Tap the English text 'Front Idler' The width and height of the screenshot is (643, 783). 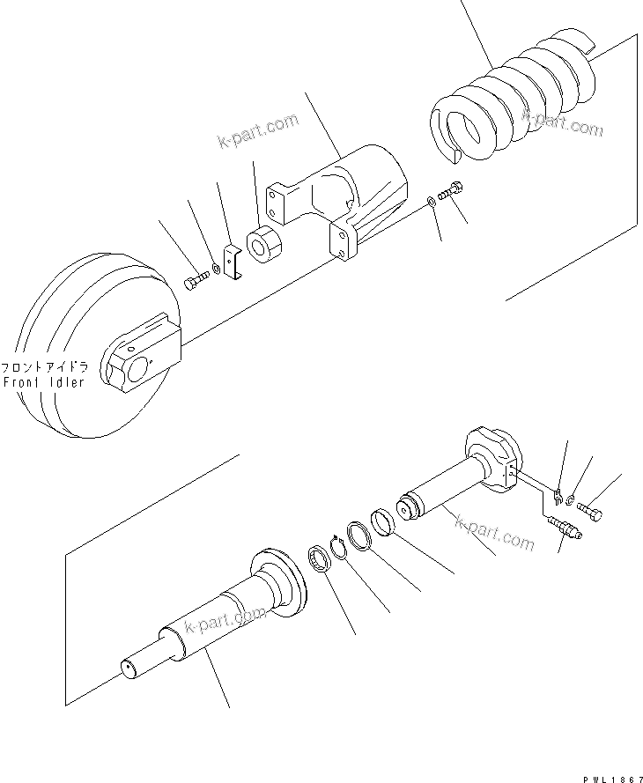tap(44, 382)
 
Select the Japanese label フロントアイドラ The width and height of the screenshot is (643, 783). tap(44, 367)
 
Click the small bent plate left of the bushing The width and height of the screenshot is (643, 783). tap(233, 265)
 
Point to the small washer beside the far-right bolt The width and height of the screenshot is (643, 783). tap(573, 501)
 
